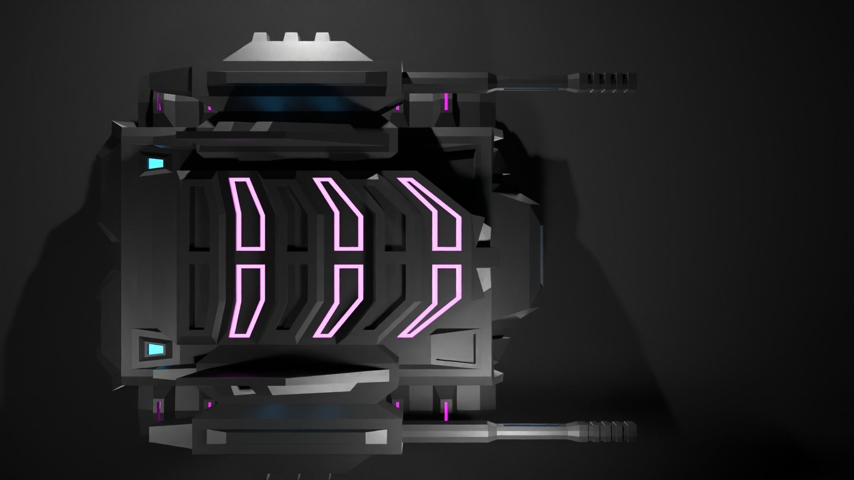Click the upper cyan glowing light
click(154, 164)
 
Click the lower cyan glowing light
click(154, 349)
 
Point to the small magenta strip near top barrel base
click(446, 101)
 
